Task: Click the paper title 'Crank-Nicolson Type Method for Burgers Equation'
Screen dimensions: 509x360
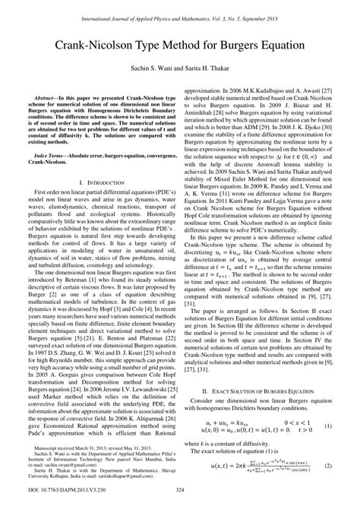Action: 180,45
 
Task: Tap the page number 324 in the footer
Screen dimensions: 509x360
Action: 180,498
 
